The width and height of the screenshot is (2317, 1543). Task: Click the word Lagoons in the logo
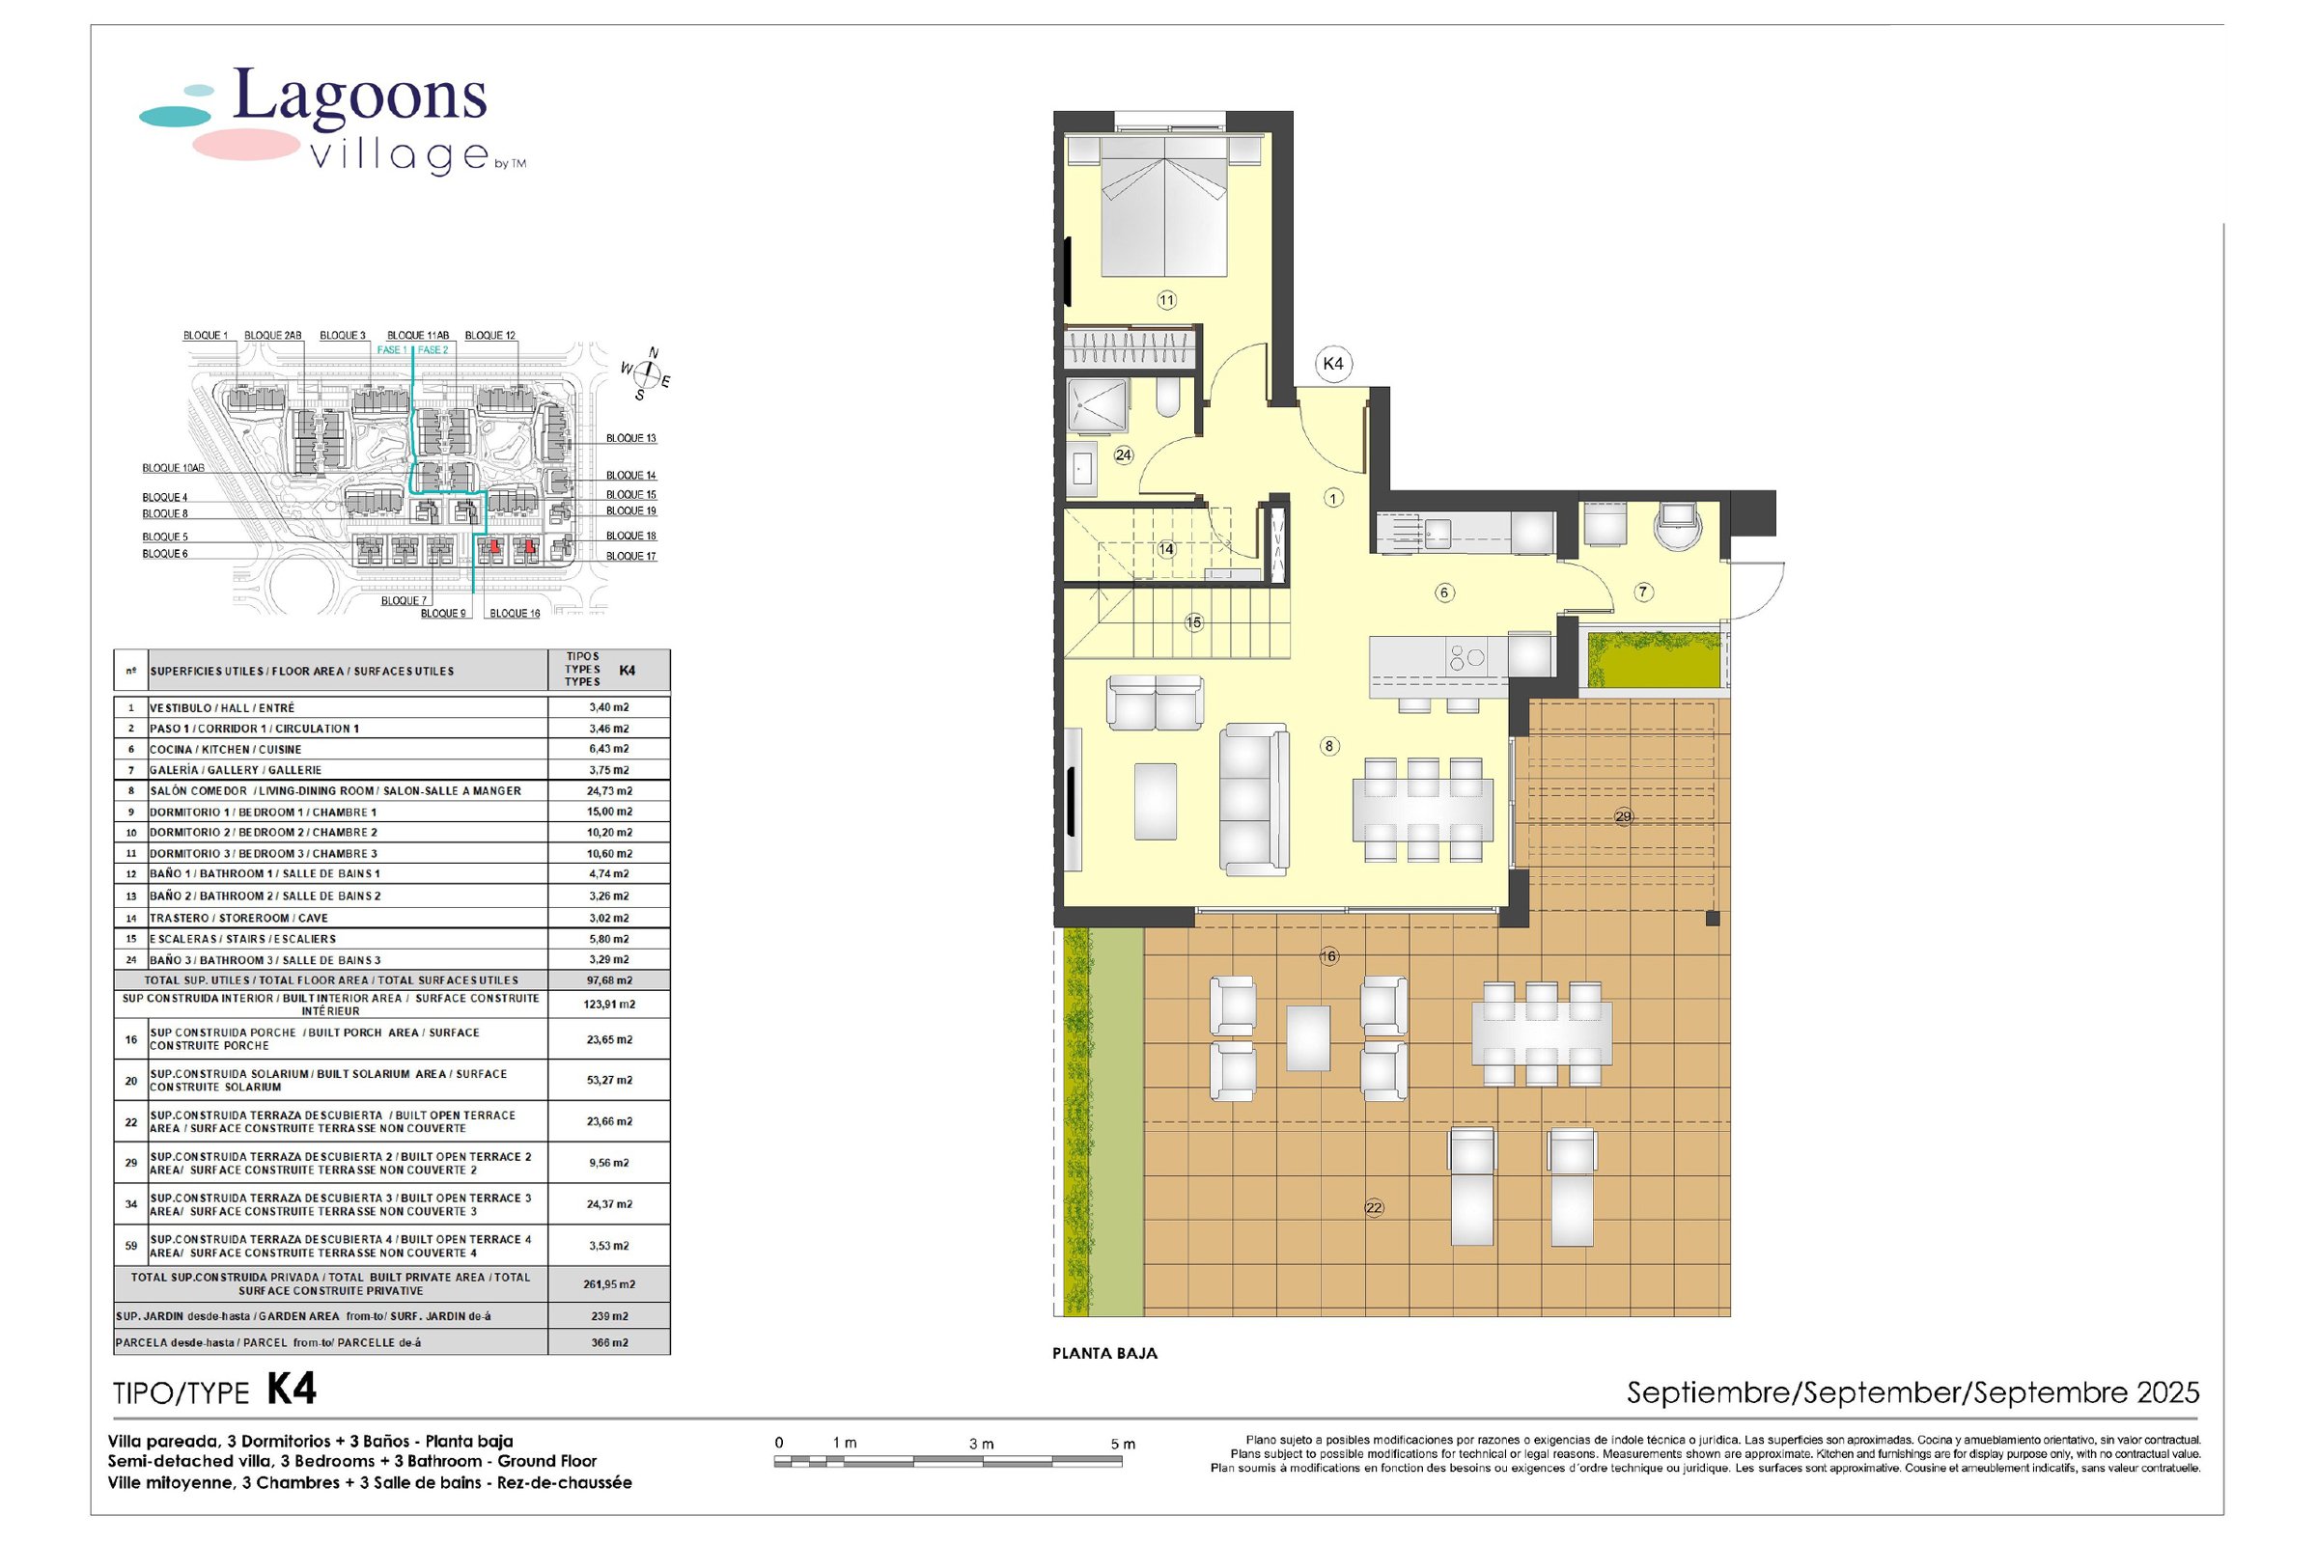tap(359, 98)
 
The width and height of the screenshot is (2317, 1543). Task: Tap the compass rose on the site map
tap(646, 372)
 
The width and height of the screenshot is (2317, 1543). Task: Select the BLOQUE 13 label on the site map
tap(630, 438)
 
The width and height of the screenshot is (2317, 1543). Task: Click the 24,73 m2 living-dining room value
tap(609, 790)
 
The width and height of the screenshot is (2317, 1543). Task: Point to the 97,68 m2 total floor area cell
tap(609, 980)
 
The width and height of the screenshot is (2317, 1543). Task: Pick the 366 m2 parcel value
tap(609, 1342)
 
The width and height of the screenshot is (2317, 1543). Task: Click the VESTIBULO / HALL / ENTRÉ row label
tap(221, 707)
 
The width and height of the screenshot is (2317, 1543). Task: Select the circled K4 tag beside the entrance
tap(1331, 363)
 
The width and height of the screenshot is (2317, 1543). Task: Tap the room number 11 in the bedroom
tap(1165, 300)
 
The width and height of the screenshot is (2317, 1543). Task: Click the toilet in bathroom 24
tap(1167, 401)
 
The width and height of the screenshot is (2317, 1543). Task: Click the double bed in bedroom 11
tap(1164, 207)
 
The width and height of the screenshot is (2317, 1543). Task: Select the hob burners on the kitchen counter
tap(1466, 657)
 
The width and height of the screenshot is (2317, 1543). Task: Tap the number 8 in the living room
tap(1328, 746)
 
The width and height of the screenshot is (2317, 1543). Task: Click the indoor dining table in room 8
tap(1421, 808)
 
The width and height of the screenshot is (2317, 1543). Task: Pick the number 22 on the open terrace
tap(1373, 1207)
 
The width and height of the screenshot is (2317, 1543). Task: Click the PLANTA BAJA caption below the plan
tap(1104, 1353)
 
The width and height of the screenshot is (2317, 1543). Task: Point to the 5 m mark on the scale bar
tap(1121, 1444)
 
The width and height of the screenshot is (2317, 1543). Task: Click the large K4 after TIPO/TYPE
tap(292, 1390)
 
